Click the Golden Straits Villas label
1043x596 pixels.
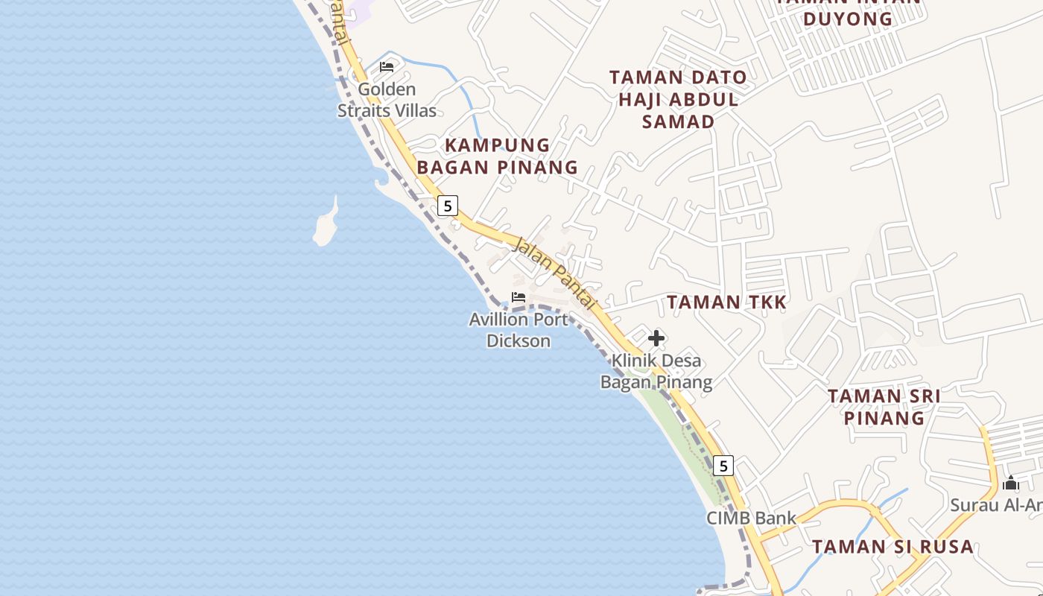tap(387, 100)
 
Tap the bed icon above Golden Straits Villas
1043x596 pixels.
tap(387, 67)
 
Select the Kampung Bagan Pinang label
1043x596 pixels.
tap(497, 156)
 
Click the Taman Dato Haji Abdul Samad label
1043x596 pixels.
tap(678, 99)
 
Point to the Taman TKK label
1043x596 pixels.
tap(726, 302)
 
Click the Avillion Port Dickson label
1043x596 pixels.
tap(519, 330)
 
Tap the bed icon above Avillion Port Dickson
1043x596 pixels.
tap(519, 297)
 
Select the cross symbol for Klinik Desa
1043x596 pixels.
tap(656, 339)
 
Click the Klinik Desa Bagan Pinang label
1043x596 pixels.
tap(656, 371)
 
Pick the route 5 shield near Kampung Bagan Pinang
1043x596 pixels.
tap(447, 206)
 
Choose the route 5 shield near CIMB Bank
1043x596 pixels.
tap(723, 466)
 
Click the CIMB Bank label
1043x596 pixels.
tap(751, 518)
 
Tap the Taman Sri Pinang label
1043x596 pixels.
tap(884, 407)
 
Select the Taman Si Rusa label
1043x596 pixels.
tap(893, 546)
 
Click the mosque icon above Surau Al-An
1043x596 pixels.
tap(1010, 484)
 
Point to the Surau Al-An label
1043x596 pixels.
tap(997, 505)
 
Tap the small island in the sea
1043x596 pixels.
tap(326, 226)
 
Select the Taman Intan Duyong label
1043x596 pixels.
tap(848, 10)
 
